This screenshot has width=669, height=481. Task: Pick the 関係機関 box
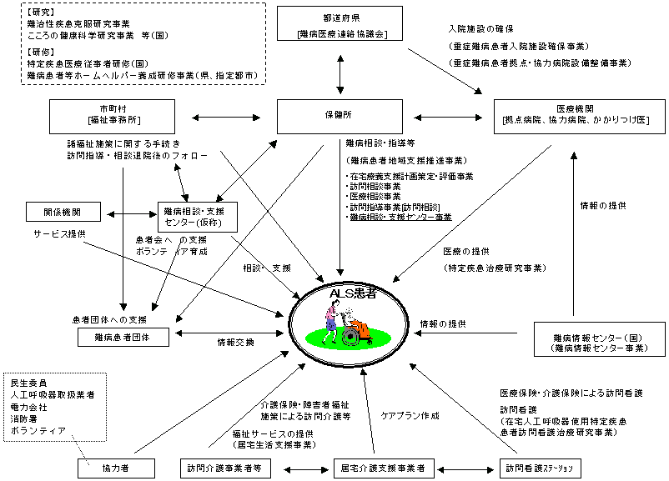64,213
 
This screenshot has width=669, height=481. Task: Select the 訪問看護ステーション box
540,468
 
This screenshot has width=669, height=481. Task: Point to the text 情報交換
236,342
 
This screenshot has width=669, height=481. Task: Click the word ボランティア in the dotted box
38,431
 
